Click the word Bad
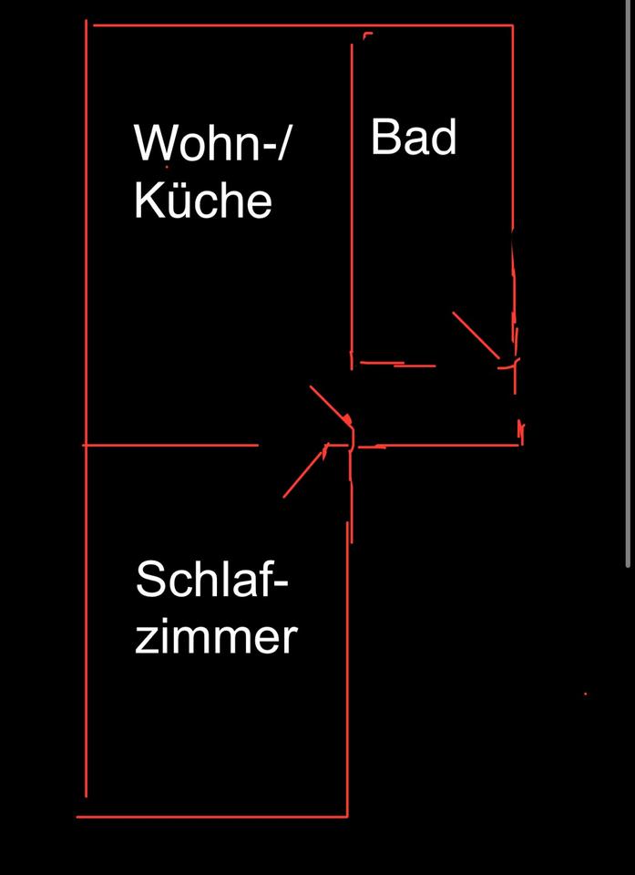[x=414, y=138]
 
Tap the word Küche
[x=203, y=201]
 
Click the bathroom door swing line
[x=476, y=335]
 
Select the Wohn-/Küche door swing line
[x=330, y=404]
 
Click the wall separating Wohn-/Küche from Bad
[x=353, y=201]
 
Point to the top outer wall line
[x=301, y=26]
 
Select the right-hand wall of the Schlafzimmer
[x=347, y=665]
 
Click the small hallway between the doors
[x=428, y=406]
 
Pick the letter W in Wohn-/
[x=153, y=144]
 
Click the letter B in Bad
[x=384, y=138]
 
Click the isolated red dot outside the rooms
[x=585, y=695]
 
